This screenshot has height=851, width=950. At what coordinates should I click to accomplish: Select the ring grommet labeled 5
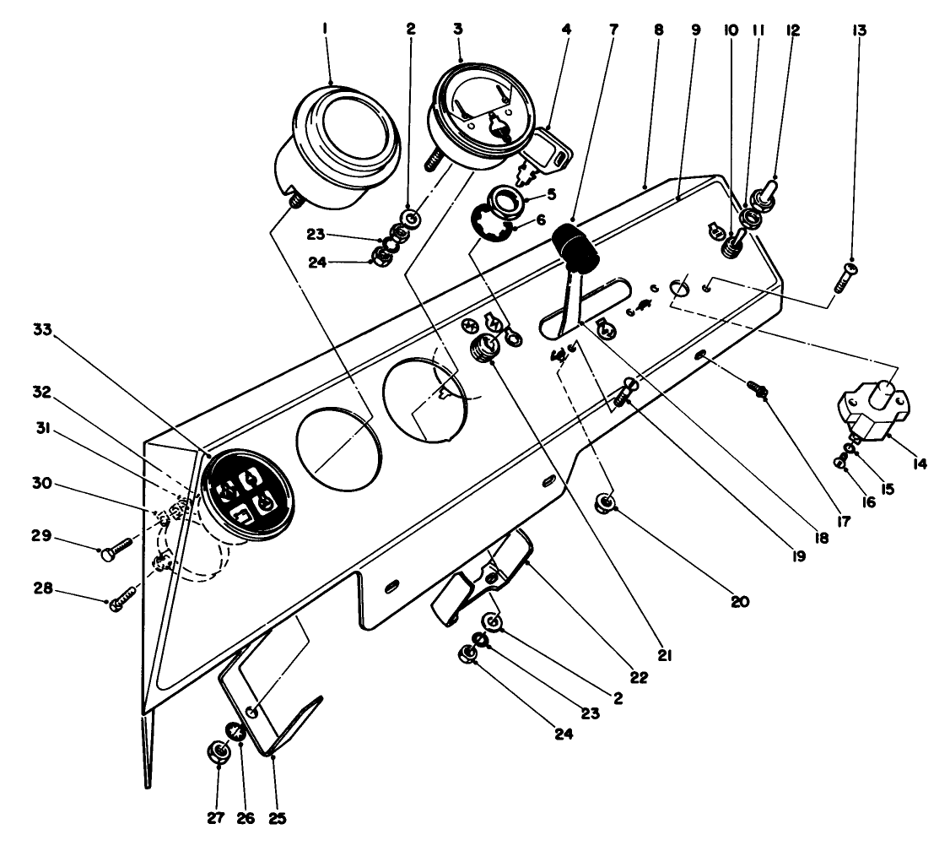511,202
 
